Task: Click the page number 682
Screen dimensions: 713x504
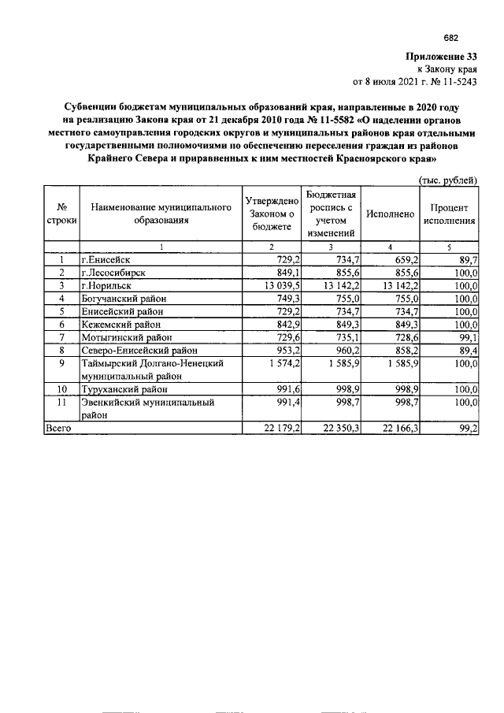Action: (450, 37)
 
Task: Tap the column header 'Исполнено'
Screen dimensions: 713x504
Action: (391, 214)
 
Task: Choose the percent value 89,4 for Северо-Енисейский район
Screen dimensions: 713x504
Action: (465, 350)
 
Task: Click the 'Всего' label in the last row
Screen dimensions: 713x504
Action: (58, 429)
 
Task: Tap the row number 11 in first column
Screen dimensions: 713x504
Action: (61, 403)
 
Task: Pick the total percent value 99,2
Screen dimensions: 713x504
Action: (465, 429)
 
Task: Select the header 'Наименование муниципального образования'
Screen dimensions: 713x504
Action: (161, 214)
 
